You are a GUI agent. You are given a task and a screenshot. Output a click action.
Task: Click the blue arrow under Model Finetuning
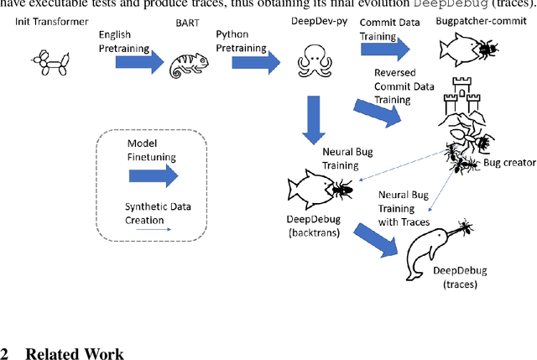(x=154, y=176)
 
